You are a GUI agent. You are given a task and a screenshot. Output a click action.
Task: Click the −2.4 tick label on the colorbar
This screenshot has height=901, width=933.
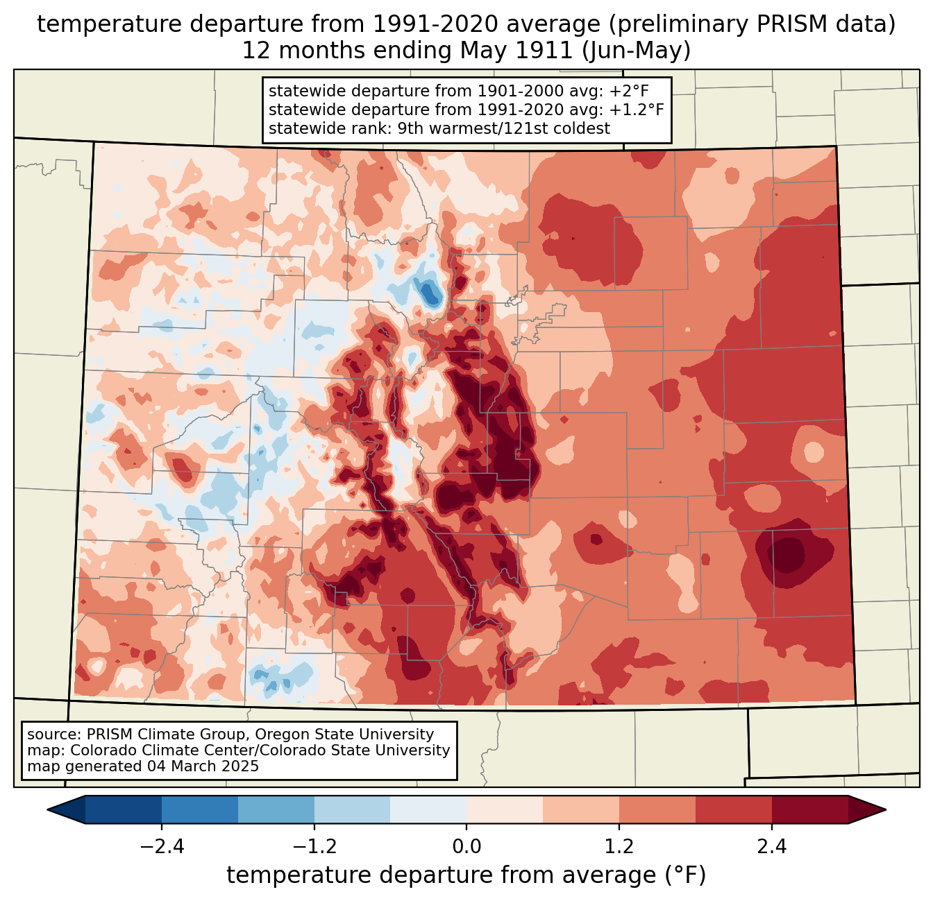(162, 847)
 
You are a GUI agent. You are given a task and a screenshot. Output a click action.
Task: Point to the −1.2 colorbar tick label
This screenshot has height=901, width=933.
(314, 847)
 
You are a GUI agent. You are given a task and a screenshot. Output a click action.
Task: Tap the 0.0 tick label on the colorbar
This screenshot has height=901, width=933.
(466, 847)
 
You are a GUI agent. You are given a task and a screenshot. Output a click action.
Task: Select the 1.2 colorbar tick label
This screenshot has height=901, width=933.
(619, 847)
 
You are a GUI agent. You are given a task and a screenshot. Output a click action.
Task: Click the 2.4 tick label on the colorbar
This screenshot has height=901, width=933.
(772, 847)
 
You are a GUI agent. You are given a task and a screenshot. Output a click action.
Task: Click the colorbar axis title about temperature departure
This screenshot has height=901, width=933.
(466, 875)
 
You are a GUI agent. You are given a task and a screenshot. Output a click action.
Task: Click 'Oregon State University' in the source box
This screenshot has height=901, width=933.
(344, 735)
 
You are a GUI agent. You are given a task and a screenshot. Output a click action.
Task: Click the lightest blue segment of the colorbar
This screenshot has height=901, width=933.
(428, 810)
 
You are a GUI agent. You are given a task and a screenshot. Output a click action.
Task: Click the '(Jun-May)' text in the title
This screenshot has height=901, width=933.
(636, 51)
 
